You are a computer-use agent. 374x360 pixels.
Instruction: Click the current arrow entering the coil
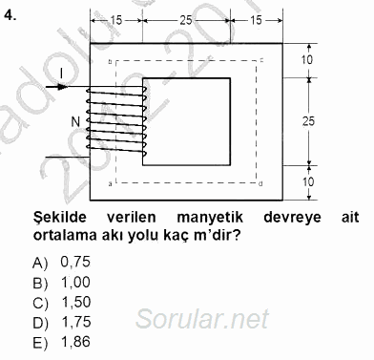point(56,86)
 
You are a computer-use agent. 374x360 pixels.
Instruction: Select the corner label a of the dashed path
point(111,181)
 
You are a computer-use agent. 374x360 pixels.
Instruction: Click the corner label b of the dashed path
point(111,62)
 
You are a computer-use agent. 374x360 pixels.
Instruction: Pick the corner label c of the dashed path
point(261,62)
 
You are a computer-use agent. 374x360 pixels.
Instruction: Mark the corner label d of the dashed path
point(261,181)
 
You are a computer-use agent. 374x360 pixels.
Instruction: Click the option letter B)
point(39,283)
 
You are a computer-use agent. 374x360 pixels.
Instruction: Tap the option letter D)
point(39,323)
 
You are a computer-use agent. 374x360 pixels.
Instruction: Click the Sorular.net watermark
point(215,318)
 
